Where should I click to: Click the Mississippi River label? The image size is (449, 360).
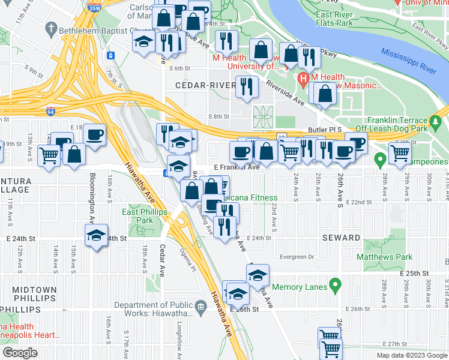tap(408, 61)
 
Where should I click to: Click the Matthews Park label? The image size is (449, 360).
tap(384, 257)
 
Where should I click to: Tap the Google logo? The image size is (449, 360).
tap(19, 352)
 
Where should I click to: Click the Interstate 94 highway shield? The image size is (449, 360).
tap(51, 111)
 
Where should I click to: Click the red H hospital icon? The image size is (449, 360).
tap(303, 78)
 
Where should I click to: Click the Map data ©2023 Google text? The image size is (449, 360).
tap(411, 355)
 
